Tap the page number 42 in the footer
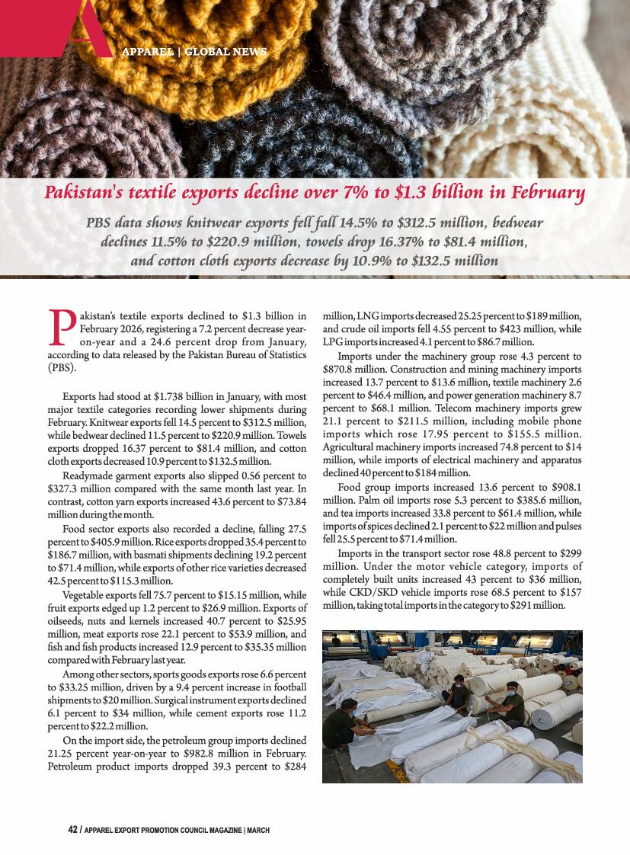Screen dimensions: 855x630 pyautogui.click(x=72, y=830)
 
